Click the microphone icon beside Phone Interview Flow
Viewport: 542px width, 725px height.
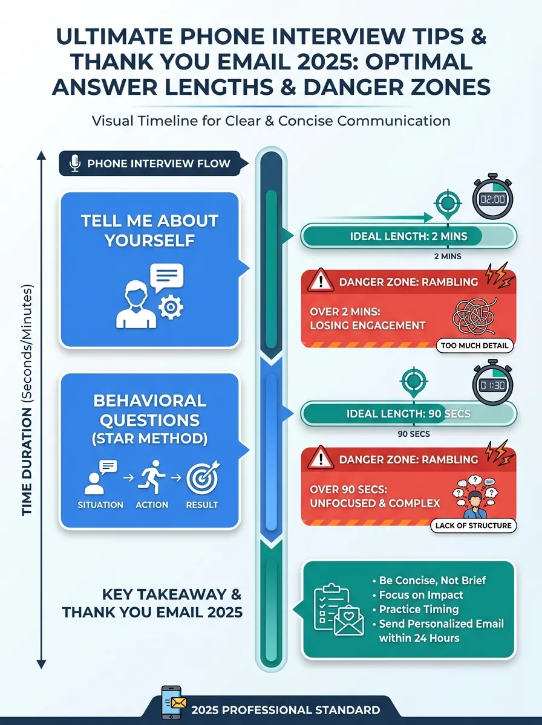76,163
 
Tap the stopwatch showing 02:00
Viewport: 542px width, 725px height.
493,197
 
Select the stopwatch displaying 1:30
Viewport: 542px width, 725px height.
493,382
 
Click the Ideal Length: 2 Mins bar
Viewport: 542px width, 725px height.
409,236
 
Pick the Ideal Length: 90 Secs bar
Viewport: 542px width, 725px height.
409,413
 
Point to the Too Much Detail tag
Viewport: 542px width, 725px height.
474,346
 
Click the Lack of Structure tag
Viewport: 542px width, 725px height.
473,526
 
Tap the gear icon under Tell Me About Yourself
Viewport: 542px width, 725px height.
171,307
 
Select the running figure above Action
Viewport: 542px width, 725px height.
152,477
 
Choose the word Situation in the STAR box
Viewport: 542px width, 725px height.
100,504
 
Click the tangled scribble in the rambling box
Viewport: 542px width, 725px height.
474,316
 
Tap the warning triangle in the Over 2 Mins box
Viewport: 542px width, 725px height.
320,281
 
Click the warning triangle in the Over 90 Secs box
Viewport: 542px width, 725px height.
320,458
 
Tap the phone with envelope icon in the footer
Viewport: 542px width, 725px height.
172,703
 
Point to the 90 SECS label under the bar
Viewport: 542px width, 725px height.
414,434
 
